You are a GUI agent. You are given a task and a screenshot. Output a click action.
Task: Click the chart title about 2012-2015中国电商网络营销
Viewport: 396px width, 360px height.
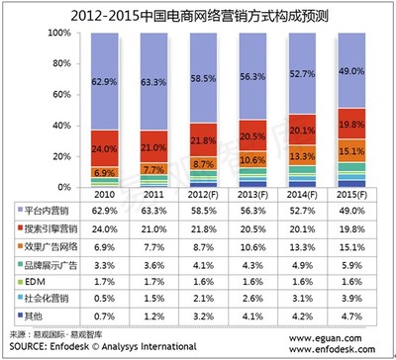198,13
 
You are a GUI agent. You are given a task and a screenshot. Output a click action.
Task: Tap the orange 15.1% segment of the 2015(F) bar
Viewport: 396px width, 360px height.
352,151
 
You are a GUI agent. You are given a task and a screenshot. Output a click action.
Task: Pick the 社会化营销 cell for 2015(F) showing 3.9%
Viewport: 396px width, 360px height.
352,300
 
